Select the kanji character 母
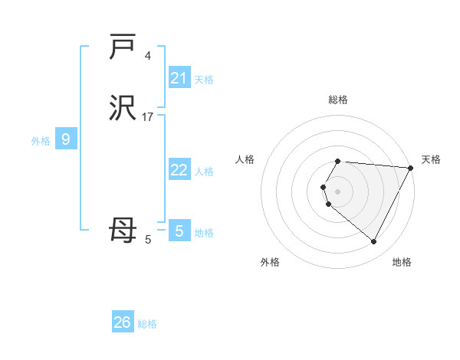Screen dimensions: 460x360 pos(123,231)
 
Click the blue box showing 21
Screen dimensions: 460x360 pos(179,78)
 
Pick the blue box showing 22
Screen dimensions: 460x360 pos(179,170)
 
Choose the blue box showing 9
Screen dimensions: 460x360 pos(66,139)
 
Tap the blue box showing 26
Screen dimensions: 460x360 pos(123,322)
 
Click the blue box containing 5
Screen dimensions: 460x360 pos(179,231)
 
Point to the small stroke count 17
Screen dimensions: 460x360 pos(148,117)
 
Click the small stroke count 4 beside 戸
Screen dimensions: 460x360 pos(148,56)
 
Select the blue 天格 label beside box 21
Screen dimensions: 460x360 pos(204,80)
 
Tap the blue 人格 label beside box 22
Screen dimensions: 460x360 pos(204,172)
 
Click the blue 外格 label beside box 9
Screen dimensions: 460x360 pos(40,141)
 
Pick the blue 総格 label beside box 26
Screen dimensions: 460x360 pos(147,324)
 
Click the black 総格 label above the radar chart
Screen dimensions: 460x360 pos(338,100)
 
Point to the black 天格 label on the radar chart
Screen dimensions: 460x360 pos(431,159)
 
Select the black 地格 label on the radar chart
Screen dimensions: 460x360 pos(402,262)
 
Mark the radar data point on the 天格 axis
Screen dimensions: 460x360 pos(411,167)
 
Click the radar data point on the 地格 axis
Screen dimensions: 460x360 pos(374,242)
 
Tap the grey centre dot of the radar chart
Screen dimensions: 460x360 pos(338,191)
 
